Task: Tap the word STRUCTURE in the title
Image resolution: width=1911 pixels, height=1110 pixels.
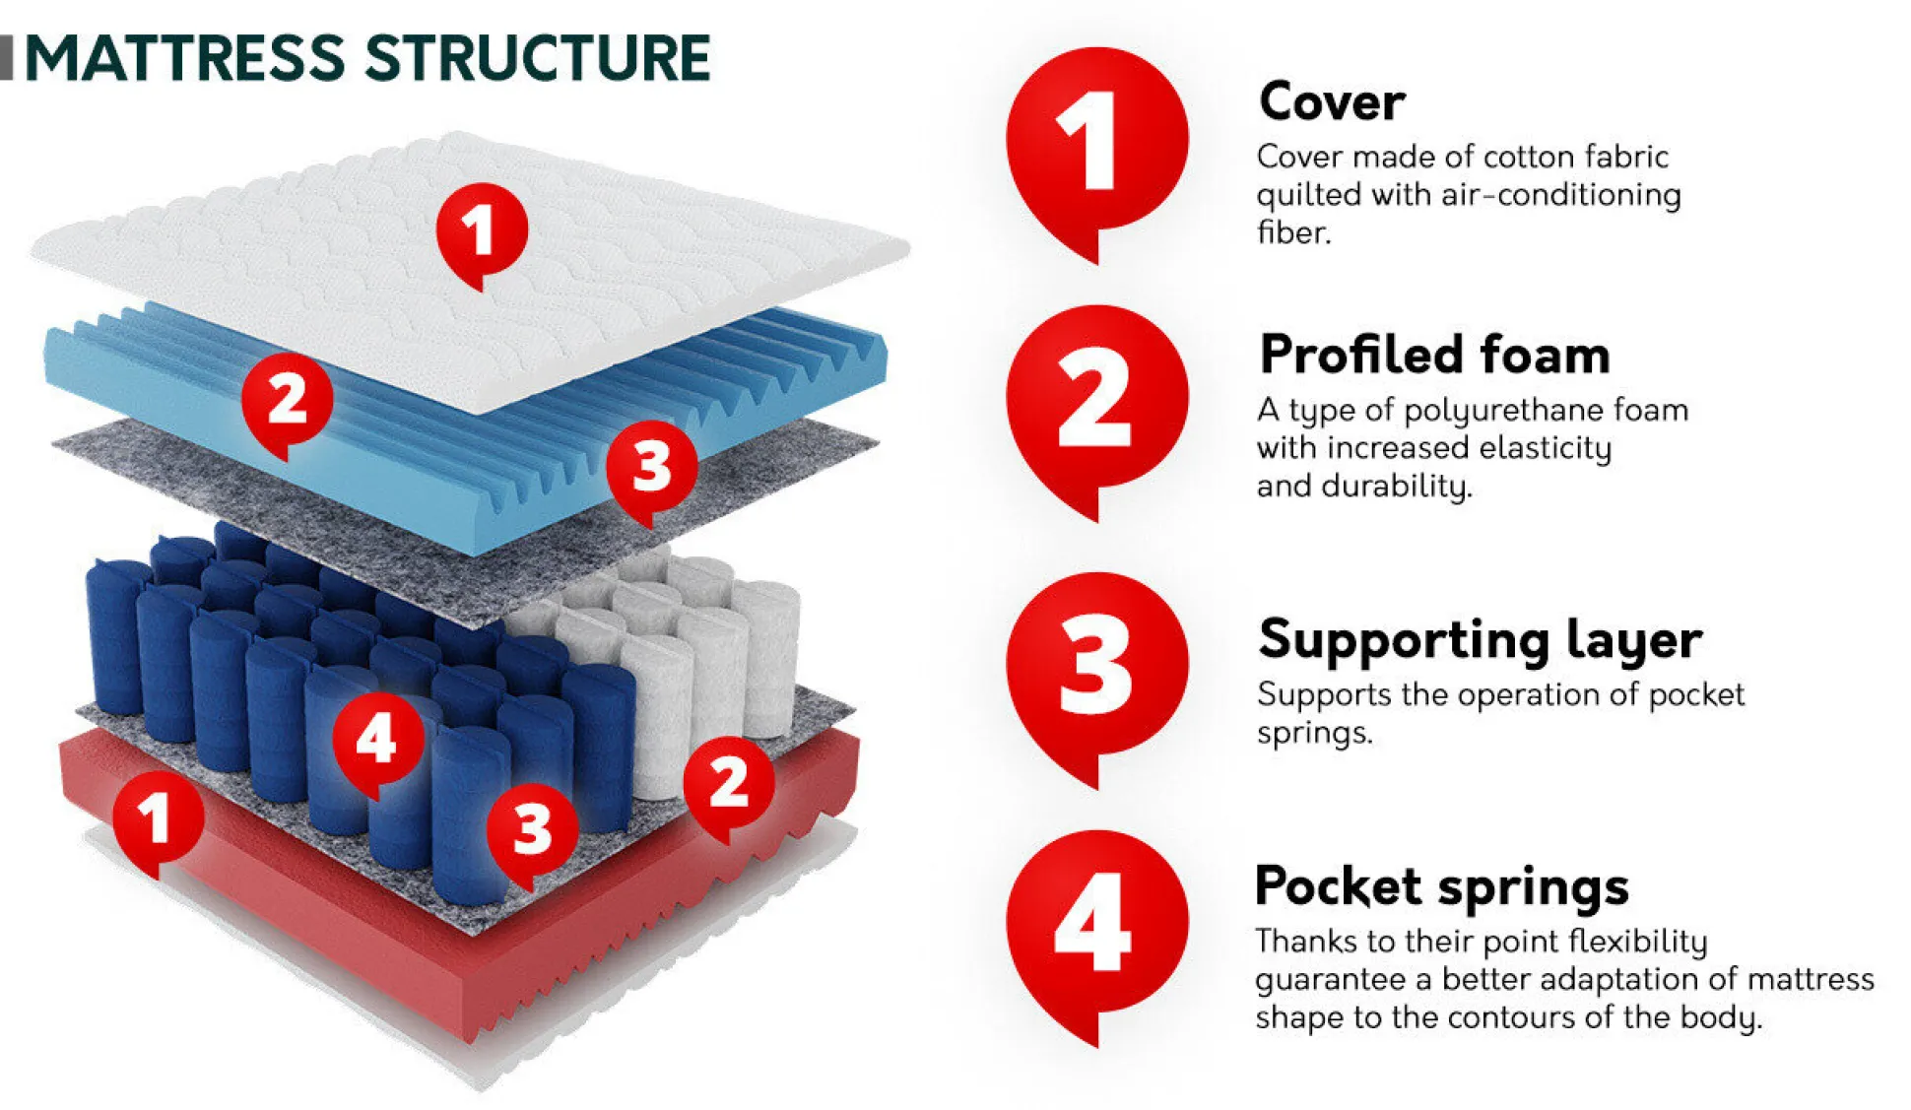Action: (x=538, y=58)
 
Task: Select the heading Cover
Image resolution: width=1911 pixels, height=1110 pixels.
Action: (x=1331, y=101)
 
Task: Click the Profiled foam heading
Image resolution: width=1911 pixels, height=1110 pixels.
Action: (x=1434, y=355)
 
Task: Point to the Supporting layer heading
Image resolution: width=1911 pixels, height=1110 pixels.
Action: (x=1480, y=640)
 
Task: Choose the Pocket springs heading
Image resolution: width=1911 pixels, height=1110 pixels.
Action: (x=1441, y=886)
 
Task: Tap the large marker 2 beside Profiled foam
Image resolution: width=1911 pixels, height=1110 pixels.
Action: (x=1095, y=402)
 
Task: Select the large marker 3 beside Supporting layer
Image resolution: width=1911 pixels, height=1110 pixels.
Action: (x=1095, y=666)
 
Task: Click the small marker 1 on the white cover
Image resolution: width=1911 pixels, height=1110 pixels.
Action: (x=482, y=230)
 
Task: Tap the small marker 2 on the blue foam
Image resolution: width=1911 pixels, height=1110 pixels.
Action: (x=287, y=401)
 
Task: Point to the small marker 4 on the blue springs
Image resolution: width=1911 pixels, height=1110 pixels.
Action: (x=377, y=739)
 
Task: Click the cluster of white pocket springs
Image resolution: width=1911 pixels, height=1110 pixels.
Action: (x=680, y=650)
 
